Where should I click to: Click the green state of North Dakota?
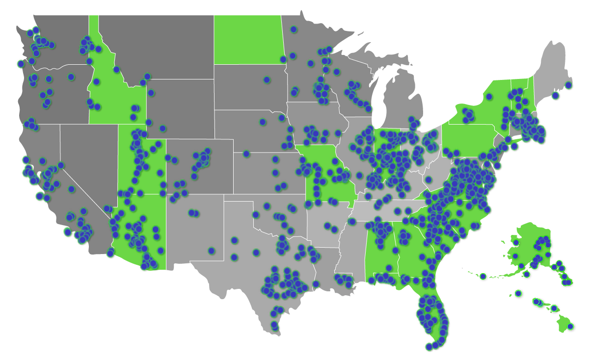pyautogui.click(x=248, y=39)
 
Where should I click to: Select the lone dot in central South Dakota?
pyautogui.click(x=267, y=79)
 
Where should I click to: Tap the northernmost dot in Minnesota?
pyautogui.click(x=294, y=29)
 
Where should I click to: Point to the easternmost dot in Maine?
pyautogui.click(x=568, y=85)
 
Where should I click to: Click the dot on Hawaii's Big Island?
pyautogui.click(x=571, y=326)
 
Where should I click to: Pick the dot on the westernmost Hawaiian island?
pyautogui.click(x=518, y=293)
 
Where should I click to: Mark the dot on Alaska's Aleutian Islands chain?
pyautogui.click(x=483, y=276)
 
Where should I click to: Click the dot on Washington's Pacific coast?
pyautogui.click(x=21, y=64)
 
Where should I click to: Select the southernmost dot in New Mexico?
pyautogui.click(x=212, y=251)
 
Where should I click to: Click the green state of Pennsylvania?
pyautogui.click(x=469, y=140)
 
